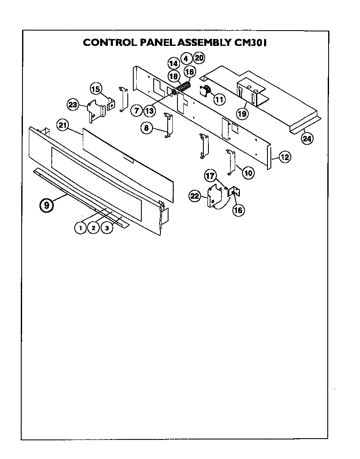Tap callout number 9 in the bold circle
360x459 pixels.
coord(47,205)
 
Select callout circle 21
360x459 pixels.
coord(63,125)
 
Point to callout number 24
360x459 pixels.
coord(307,137)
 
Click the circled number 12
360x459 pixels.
coord(284,157)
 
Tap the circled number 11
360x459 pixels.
coord(219,100)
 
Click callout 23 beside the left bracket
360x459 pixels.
coord(73,104)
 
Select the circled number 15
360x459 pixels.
coord(96,89)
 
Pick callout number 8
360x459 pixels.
coord(147,128)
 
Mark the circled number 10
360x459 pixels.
coord(248,173)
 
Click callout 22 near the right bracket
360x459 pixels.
coord(195,196)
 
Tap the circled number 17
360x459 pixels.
coord(211,175)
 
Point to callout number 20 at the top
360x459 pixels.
coord(199,58)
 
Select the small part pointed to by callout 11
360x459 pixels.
coord(206,90)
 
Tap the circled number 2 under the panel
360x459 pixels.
coord(93,228)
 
